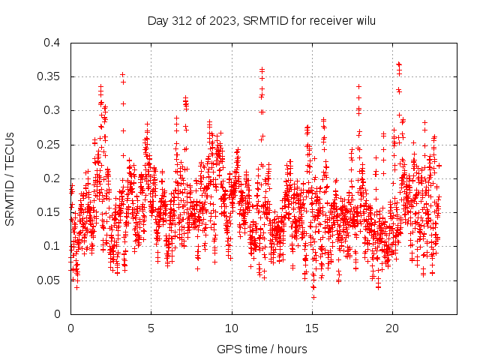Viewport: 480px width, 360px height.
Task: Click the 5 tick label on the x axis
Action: point(151,328)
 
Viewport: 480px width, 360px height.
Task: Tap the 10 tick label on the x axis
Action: point(232,328)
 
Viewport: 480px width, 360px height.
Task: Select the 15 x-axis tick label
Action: point(312,328)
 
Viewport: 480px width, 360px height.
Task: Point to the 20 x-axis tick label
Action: point(392,328)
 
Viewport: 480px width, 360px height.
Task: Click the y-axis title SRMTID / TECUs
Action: point(10,178)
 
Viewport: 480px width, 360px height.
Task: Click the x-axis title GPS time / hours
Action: point(261,349)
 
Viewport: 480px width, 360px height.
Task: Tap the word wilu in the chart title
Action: point(366,19)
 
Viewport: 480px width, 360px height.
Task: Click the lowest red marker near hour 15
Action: point(313,297)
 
